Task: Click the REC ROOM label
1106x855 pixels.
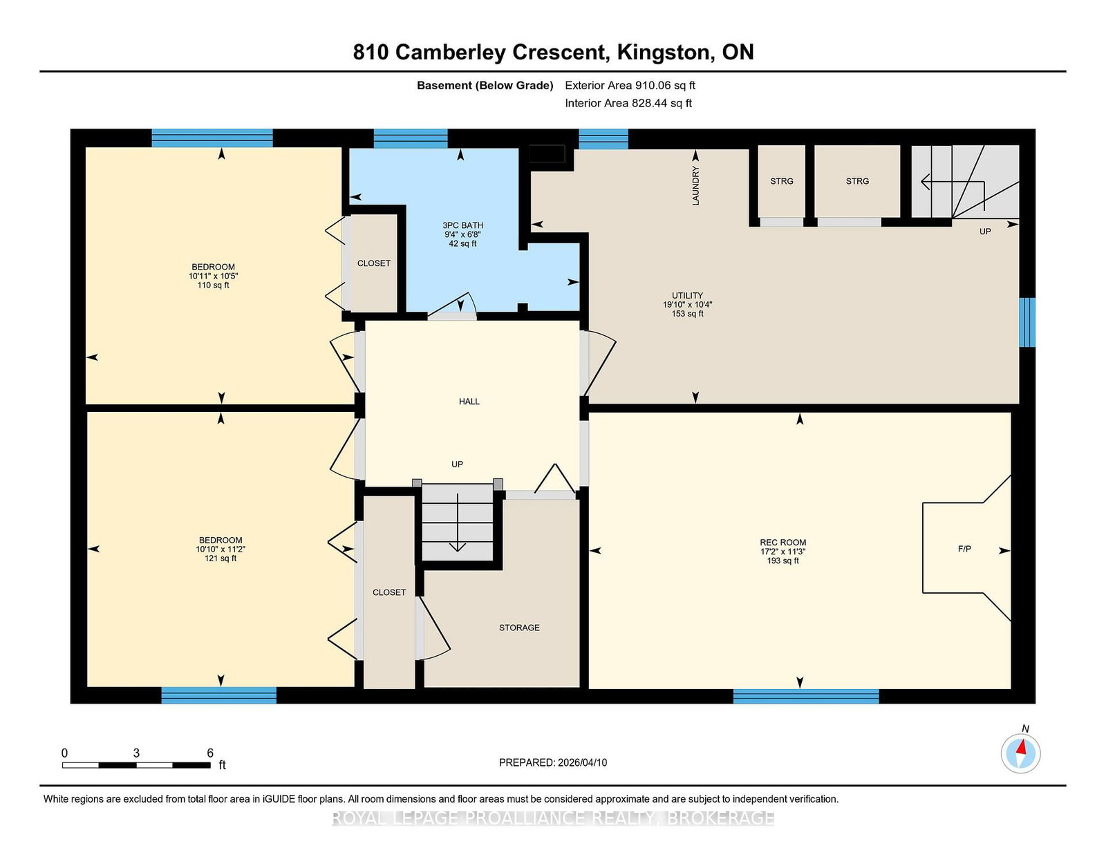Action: [782, 543]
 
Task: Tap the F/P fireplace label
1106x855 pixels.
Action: [964, 549]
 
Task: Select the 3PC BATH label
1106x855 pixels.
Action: [462, 225]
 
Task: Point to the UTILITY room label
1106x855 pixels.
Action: [687, 295]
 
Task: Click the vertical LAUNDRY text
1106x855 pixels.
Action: [696, 186]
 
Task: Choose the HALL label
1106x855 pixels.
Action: [469, 402]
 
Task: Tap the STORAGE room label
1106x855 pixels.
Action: [519, 628]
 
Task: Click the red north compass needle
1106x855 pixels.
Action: [1021, 747]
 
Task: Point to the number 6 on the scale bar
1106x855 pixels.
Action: [209, 753]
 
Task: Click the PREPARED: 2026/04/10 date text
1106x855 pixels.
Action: [553, 762]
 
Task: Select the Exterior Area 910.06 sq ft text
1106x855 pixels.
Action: [630, 86]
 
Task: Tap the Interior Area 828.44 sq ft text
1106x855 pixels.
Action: [628, 103]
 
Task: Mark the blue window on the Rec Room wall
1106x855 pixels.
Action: [806, 696]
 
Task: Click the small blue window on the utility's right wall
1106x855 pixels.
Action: [1027, 322]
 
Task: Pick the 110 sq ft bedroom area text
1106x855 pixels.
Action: [214, 285]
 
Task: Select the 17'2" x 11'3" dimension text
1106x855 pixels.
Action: [782, 552]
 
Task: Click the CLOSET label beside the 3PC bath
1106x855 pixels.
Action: [373, 263]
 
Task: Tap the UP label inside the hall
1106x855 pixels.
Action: [457, 464]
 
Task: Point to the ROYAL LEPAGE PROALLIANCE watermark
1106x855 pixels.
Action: [553, 818]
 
